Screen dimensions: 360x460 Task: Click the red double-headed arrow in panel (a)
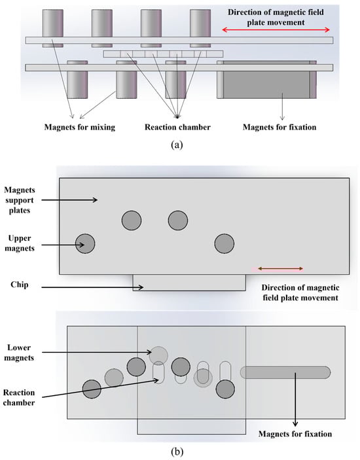tap(276, 29)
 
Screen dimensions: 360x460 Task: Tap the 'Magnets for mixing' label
tap(80, 128)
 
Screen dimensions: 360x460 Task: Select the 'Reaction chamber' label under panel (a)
tap(177, 127)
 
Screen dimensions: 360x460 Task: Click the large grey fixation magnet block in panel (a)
tap(266, 80)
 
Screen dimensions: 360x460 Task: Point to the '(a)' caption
tap(177, 145)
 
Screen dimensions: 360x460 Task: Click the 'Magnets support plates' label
tap(20, 200)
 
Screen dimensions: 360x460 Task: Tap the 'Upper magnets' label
tap(20, 243)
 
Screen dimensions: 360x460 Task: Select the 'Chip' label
tap(20, 285)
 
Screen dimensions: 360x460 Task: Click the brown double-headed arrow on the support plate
tap(280, 268)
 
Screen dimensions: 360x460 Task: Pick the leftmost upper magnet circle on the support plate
tap(85, 243)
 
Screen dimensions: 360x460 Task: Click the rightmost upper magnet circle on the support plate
tap(225, 243)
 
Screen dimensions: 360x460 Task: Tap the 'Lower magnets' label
tap(19, 353)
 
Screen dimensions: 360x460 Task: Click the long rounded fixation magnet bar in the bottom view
tap(285, 372)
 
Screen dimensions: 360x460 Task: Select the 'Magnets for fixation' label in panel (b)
tap(295, 434)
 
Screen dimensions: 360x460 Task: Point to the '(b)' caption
tap(177, 451)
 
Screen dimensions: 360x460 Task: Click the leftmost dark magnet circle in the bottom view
tap(92, 389)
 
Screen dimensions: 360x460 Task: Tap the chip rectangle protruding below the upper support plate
tap(189, 283)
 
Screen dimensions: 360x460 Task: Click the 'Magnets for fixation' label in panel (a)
tap(279, 128)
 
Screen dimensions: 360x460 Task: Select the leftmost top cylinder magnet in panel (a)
tap(53, 28)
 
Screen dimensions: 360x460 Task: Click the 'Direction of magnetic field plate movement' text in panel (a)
tap(276, 17)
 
